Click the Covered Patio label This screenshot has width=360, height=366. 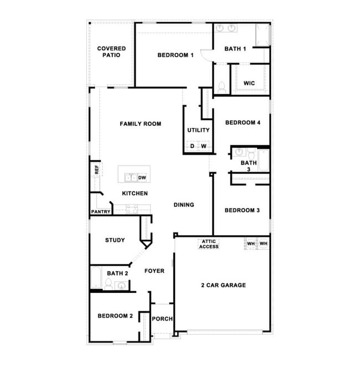click(x=111, y=52)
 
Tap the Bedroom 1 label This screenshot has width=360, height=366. click(x=175, y=55)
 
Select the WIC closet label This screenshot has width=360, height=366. click(x=249, y=83)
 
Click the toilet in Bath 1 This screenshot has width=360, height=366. click(x=222, y=87)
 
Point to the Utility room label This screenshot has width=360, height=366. click(x=198, y=130)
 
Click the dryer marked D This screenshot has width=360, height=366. click(x=192, y=146)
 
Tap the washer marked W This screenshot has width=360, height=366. click(x=203, y=146)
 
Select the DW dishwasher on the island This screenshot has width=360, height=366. click(x=142, y=178)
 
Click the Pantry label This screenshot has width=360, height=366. click(x=101, y=212)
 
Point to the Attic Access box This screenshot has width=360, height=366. click(x=209, y=244)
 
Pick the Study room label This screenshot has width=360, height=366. click(x=115, y=240)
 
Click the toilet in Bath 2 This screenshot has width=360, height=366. click(x=109, y=284)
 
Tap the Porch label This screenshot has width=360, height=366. click(x=162, y=319)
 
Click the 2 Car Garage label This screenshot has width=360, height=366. click(x=223, y=286)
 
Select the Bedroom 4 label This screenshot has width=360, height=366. click(x=243, y=123)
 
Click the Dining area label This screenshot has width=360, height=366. click(x=184, y=205)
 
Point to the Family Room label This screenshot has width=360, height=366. click(x=140, y=124)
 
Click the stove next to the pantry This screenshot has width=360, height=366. click(x=132, y=209)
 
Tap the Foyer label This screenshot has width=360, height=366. click(x=155, y=271)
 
